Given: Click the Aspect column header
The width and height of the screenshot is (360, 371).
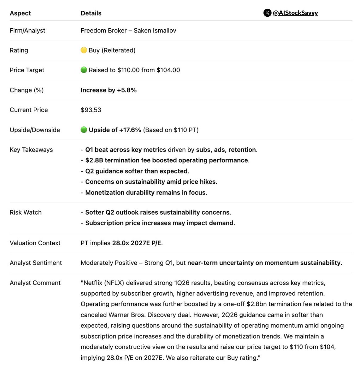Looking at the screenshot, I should tap(20, 13).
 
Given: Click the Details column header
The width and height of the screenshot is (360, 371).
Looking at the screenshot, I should tap(91, 13).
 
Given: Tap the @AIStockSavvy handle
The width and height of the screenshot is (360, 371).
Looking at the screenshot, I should tap(295, 13).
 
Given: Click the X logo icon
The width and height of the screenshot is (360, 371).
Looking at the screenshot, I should tap(267, 13).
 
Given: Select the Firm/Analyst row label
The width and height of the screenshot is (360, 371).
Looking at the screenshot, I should tap(27, 31).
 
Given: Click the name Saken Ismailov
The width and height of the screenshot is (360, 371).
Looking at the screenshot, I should tap(155, 31).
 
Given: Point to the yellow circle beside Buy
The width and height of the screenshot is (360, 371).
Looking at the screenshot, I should tap(84, 50).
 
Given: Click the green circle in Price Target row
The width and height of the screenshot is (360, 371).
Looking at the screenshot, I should tap(84, 70).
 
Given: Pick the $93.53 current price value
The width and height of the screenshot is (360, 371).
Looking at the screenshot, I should tap(91, 110).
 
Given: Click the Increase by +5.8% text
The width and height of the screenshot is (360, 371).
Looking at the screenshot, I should tap(109, 90).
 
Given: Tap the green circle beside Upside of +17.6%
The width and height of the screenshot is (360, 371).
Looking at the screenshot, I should tap(84, 130).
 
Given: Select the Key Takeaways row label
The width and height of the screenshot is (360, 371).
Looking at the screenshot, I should tap(31, 150).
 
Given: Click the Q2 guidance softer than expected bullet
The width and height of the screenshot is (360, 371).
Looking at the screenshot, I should tap(137, 171).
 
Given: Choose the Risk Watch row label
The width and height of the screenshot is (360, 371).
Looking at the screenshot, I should tap(26, 212).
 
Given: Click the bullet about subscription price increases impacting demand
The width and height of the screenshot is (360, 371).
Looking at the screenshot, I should tap(159, 223).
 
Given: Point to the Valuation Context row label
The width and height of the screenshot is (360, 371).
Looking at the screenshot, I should tap(35, 243).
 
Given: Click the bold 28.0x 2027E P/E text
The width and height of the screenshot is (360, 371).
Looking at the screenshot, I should tap(137, 243).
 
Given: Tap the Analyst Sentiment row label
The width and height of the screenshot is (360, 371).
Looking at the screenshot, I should tap(36, 263).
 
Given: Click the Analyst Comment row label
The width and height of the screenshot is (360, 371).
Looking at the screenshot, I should tap(35, 283).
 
